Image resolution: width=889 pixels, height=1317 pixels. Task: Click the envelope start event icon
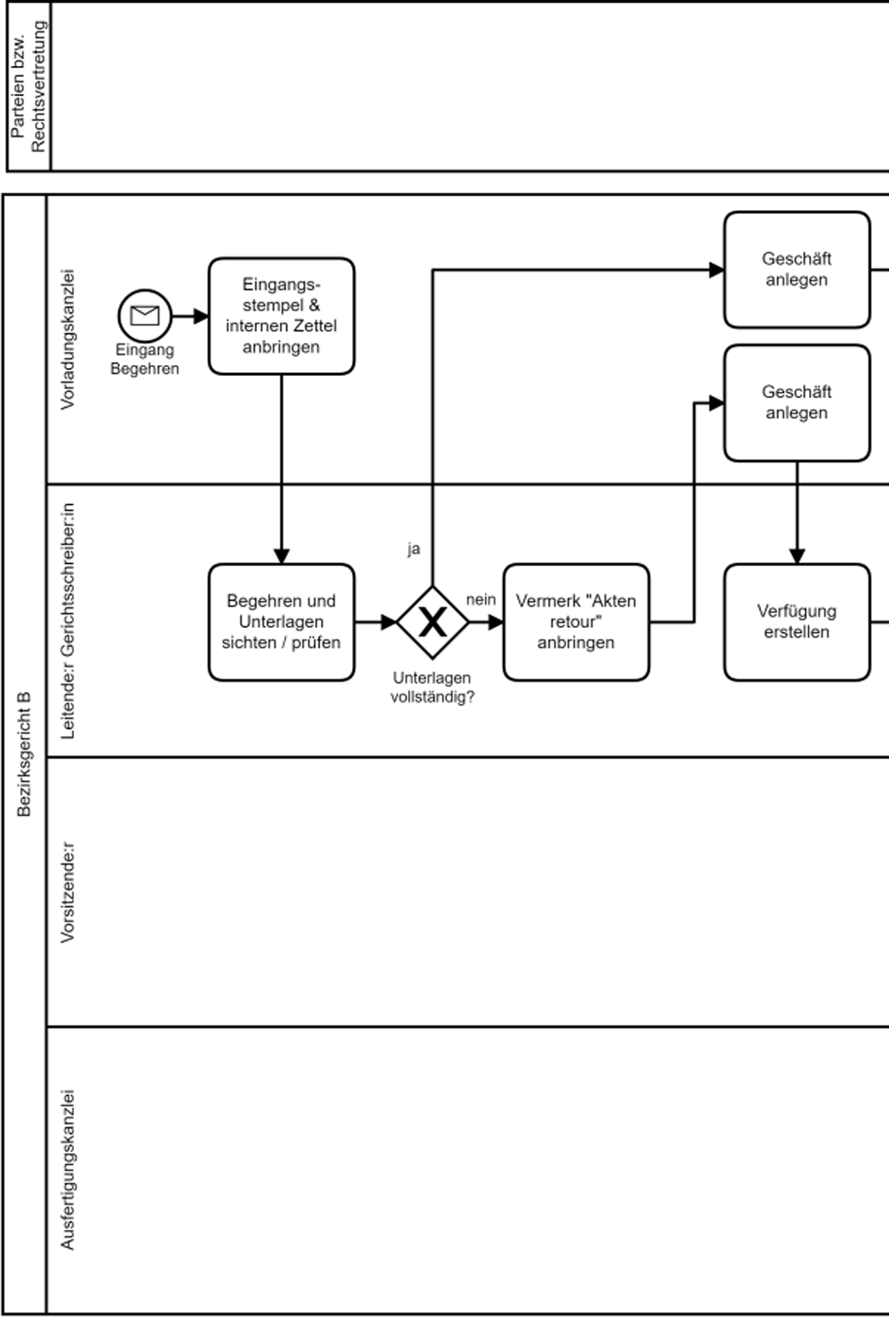click(x=144, y=316)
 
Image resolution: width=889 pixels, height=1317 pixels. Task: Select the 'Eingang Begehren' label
click(x=144, y=359)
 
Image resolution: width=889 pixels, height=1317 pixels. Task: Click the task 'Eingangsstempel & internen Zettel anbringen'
click(x=282, y=316)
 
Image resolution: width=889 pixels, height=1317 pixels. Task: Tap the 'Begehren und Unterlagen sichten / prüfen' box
click(x=282, y=622)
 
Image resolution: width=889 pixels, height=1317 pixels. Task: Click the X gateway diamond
click(x=433, y=622)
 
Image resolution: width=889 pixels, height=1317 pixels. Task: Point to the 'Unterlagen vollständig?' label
click(x=432, y=687)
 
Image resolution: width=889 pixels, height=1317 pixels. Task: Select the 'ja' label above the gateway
click(x=413, y=549)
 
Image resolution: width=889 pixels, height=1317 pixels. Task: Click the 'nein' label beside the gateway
click(x=481, y=600)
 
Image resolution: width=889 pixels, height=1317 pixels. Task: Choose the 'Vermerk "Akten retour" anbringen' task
click(x=576, y=622)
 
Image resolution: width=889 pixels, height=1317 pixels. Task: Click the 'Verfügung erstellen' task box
click(x=796, y=622)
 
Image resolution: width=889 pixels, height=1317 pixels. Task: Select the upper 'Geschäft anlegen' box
click(x=796, y=269)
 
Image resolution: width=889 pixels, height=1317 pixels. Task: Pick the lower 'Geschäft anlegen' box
click(x=796, y=403)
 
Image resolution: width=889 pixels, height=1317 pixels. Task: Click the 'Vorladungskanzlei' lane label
click(x=67, y=339)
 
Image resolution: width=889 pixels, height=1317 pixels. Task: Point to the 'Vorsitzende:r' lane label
click(x=67, y=891)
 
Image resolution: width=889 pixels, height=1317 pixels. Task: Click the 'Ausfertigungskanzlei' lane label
click(x=67, y=1170)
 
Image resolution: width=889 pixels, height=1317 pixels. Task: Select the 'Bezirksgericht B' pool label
click(x=24, y=754)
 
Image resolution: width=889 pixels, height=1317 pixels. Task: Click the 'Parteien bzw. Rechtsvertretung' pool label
click(x=29, y=86)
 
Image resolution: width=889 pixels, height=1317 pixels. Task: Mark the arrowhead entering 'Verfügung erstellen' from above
click(x=796, y=557)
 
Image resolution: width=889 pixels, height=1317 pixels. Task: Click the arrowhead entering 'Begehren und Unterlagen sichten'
click(x=282, y=557)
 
